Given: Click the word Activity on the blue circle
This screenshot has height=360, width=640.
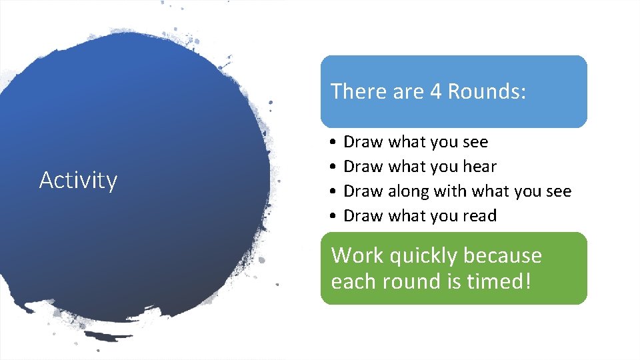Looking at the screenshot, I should [78, 180].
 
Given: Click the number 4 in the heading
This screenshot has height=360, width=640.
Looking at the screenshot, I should [435, 91].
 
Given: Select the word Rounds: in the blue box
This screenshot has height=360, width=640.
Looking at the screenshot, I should [487, 91].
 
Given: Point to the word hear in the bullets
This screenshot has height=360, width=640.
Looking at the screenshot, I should [479, 167].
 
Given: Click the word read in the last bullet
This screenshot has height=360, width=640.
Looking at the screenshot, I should [479, 216].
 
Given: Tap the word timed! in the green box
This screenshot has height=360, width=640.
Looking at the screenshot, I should [499, 281].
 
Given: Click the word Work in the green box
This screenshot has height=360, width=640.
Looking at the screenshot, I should [357, 256].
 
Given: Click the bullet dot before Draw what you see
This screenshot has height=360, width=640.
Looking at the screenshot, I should [331, 143].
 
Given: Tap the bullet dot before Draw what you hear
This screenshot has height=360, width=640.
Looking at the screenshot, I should [331, 167].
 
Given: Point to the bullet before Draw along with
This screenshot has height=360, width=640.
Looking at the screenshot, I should [331, 192].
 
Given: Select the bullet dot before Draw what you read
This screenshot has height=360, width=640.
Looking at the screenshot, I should [331, 217].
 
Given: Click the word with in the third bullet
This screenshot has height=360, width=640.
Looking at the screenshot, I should [450, 191].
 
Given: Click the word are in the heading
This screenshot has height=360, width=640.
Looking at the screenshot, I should [406, 91].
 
